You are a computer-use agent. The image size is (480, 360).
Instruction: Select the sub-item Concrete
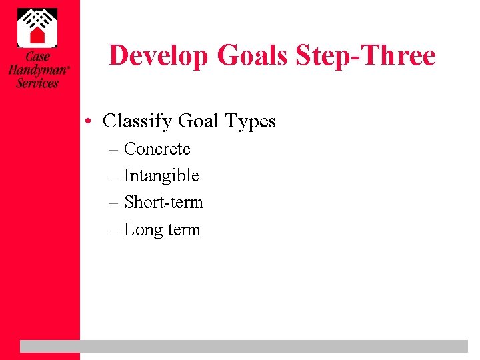[157, 149]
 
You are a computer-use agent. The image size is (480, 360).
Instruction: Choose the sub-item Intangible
[161, 176]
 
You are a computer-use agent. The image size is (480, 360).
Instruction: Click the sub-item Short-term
[163, 202]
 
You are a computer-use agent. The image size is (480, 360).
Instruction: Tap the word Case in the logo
[37, 57]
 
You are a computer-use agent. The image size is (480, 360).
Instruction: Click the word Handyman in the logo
[37, 70]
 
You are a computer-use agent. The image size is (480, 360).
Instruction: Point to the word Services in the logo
[37, 83]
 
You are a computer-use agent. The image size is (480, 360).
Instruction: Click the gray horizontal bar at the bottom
[244, 346]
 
